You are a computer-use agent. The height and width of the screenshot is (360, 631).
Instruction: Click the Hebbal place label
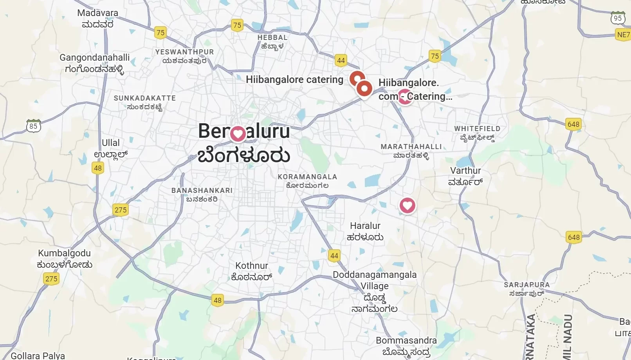point(272,41)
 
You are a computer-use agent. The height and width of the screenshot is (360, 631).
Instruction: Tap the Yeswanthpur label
point(184,56)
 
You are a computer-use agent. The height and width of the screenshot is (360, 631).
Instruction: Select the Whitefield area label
point(477,133)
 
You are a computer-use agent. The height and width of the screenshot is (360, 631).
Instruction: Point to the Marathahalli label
point(411,151)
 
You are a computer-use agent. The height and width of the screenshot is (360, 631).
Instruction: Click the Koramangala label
point(307,181)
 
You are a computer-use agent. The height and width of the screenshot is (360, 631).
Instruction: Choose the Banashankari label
point(202,194)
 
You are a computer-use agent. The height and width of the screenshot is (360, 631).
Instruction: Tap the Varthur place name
point(465,176)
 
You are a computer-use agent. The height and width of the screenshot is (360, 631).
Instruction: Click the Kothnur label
point(252,271)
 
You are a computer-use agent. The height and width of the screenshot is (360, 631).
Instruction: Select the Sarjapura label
point(526,289)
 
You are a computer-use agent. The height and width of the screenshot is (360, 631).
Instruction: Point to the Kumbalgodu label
point(65,259)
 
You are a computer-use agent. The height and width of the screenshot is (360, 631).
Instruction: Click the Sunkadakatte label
point(145,102)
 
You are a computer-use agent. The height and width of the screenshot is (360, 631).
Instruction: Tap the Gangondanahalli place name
point(94,63)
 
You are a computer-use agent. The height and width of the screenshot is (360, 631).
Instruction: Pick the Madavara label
point(97,18)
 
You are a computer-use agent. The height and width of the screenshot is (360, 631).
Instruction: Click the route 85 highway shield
point(34,126)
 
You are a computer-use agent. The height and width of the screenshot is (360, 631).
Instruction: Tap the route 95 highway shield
point(618,18)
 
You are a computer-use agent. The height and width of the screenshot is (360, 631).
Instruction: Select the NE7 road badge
point(623,34)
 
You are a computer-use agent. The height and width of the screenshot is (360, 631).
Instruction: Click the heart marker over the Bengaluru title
point(238,133)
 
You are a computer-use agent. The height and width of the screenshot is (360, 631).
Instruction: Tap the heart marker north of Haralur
point(407,205)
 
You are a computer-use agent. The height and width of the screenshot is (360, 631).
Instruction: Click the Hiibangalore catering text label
point(294,79)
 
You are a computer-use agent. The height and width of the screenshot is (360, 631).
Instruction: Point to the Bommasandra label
point(406,346)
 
